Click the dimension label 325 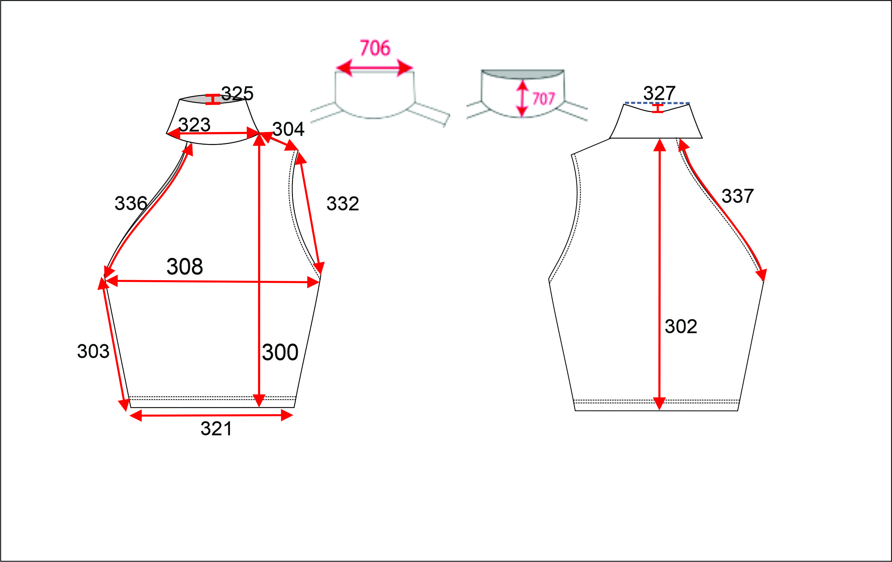[x=237, y=93]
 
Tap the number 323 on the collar [x=194, y=125]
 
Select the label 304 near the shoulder [x=288, y=129]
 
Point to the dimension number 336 [x=131, y=203]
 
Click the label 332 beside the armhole [x=343, y=204]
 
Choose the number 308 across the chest [x=185, y=266]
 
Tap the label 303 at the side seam [x=93, y=351]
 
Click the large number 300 [x=280, y=352]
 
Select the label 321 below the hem [x=216, y=429]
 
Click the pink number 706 [x=375, y=48]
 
